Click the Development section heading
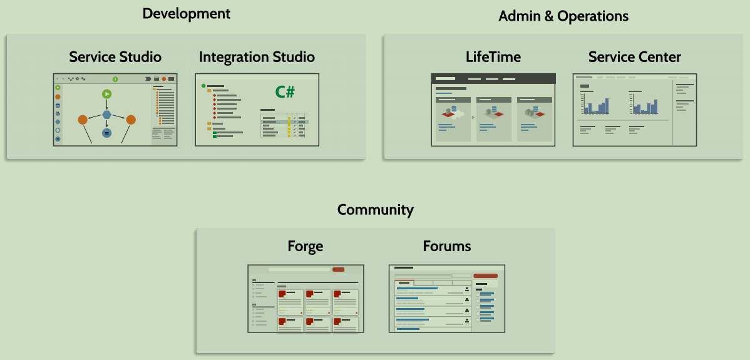click(x=187, y=13)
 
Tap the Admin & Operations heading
click(x=563, y=16)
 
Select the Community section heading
click(x=375, y=209)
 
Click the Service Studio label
click(x=115, y=57)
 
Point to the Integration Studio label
click(x=257, y=57)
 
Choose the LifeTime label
click(x=493, y=57)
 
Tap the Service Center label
click(x=634, y=57)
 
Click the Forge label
click(x=306, y=246)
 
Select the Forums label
click(x=446, y=246)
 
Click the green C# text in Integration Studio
click(x=285, y=92)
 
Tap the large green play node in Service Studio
click(x=107, y=95)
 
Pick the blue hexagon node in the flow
click(x=107, y=115)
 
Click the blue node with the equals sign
click(x=106, y=133)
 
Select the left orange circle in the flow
click(x=83, y=120)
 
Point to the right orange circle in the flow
click(x=131, y=120)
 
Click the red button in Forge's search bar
click(x=338, y=269)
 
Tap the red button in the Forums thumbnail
click(x=485, y=275)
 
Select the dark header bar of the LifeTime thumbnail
click(x=493, y=79)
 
